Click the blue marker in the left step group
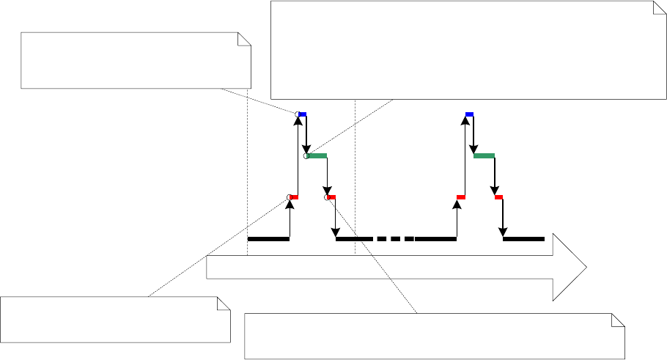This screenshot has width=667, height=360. point(303,114)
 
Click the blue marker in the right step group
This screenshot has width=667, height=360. point(470,114)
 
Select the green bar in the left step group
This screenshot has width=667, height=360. point(317,155)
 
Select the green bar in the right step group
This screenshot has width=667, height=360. point(484,155)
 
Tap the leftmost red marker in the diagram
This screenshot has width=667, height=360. point(294,197)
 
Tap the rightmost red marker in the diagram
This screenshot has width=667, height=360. point(498,197)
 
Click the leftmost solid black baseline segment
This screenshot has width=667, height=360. point(268,238)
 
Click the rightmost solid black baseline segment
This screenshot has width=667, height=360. point(523,238)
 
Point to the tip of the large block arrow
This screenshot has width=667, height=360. point(586,268)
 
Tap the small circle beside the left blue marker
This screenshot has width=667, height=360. point(298,114)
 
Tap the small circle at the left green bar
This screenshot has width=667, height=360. point(306,155)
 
